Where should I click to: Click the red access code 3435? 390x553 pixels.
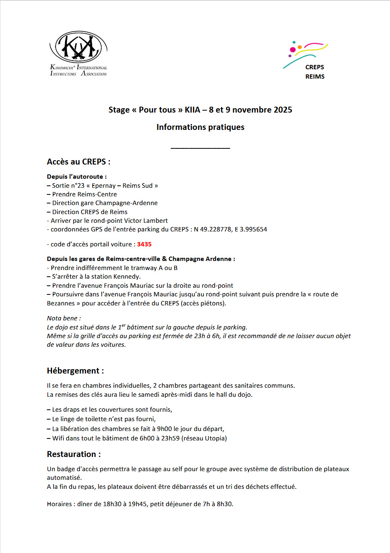(x=144, y=244)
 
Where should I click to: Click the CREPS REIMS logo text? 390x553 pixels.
(x=315, y=72)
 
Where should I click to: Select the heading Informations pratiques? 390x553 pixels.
(x=200, y=127)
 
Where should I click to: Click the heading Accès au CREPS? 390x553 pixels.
(x=78, y=162)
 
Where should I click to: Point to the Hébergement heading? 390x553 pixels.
(x=75, y=371)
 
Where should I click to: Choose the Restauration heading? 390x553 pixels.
(x=74, y=454)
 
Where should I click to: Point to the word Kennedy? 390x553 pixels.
(x=127, y=277)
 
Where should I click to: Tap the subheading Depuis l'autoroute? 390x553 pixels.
(x=76, y=177)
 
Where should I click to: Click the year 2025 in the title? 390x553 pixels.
(x=283, y=110)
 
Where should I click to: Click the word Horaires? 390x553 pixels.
(x=59, y=504)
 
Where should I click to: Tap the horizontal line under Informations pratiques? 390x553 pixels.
(x=200, y=148)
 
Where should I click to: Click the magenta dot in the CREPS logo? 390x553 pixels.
(x=293, y=50)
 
